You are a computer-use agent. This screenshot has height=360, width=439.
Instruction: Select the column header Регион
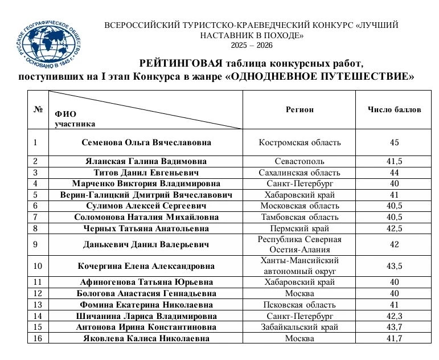click(x=299, y=109)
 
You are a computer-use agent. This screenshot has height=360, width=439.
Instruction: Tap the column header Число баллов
click(x=395, y=109)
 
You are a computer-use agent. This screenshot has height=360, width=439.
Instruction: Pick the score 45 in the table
click(x=395, y=142)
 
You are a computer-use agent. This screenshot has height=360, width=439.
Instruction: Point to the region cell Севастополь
click(x=299, y=161)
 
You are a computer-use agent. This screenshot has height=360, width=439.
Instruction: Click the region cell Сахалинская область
click(x=299, y=173)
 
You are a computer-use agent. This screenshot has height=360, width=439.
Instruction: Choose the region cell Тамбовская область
click(x=299, y=217)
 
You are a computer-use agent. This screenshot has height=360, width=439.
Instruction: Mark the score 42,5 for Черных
click(x=395, y=228)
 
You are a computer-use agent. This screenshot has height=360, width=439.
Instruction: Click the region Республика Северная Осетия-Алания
click(x=299, y=245)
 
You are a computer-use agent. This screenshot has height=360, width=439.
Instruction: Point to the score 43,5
click(x=395, y=266)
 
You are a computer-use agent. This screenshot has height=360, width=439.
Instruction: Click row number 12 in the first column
click(x=38, y=293)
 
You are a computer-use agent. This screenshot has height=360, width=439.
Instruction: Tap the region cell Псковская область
click(x=299, y=305)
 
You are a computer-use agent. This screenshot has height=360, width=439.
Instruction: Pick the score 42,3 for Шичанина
click(x=395, y=316)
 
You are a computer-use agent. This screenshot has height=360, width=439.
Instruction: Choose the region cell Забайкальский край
click(x=299, y=327)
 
